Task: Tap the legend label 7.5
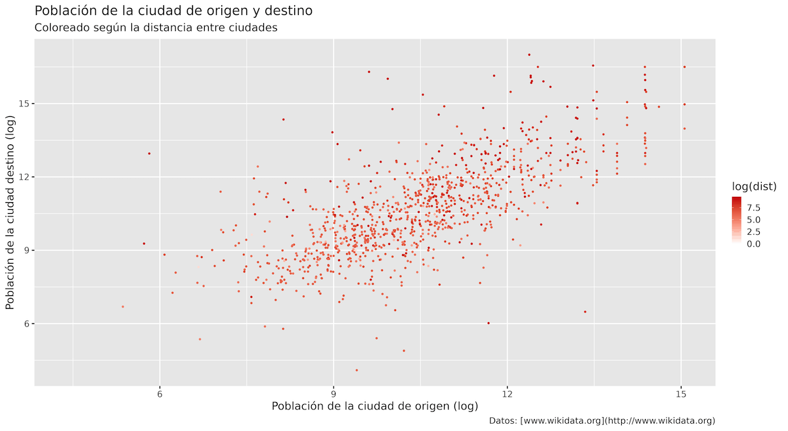(x=753, y=207)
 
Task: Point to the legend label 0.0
(x=753, y=243)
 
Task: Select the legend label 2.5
(x=753, y=232)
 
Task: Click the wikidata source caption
(x=602, y=421)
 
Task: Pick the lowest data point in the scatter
(x=357, y=370)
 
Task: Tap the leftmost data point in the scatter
(x=122, y=306)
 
